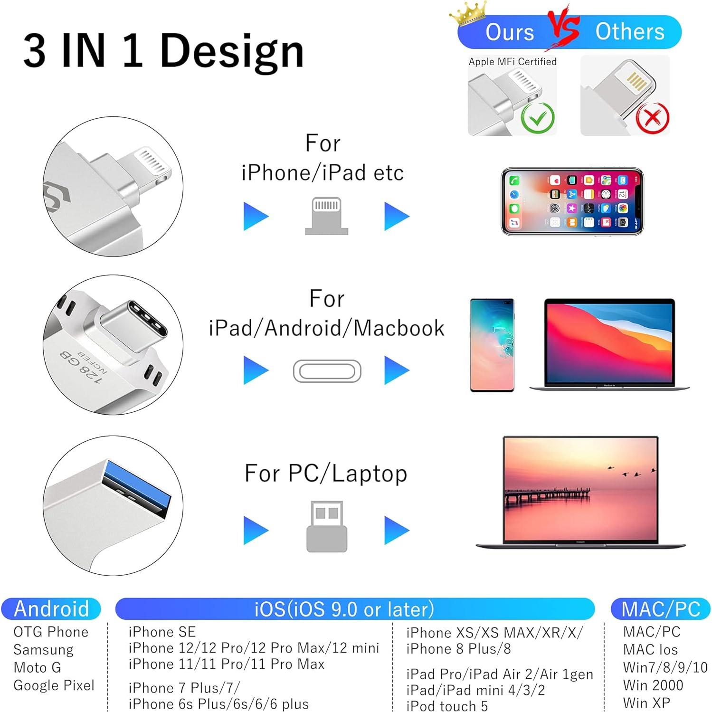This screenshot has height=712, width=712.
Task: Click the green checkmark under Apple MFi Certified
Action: pos(538,117)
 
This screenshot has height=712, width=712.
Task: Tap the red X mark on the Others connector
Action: pos(653,118)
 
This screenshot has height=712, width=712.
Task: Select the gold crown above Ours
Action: pos(469,13)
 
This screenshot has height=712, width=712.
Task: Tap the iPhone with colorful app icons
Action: pos(572,201)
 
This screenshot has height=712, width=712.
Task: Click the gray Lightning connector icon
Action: pos(326,216)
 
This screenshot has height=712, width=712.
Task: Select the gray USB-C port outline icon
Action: pos(327,371)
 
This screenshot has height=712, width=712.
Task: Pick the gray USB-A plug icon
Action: pos(327,526)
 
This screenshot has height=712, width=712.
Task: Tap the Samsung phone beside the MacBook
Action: pos(492,345)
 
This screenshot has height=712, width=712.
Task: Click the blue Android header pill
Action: pos(51,609)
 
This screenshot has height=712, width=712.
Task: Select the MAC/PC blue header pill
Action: pos(660,609)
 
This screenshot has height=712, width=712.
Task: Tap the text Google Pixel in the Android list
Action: pos(54,685)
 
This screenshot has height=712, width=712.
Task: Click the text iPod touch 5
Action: pos(446,706)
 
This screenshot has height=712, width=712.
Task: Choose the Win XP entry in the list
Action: pos(646,703)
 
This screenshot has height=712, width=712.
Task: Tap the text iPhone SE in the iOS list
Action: pos(162,632)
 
